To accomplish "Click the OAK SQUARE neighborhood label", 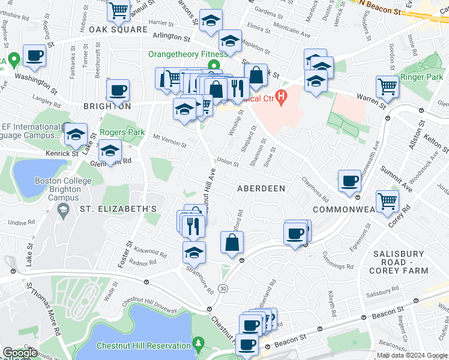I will coord(118,29).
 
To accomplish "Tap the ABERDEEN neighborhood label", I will coord(261,188).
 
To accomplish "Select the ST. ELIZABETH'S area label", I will coord(118,209).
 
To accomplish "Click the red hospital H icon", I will coord(280,98).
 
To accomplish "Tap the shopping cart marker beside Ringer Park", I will coord(388,87).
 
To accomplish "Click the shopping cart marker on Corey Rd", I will coord(388,200).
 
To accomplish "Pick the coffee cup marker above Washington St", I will coord(34,56).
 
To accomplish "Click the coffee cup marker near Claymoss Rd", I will coord(349,181).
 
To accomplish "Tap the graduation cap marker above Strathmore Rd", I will coord(194,253).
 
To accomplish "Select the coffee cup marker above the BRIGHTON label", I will coord(118,91).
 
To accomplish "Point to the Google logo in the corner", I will coord(20,353).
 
